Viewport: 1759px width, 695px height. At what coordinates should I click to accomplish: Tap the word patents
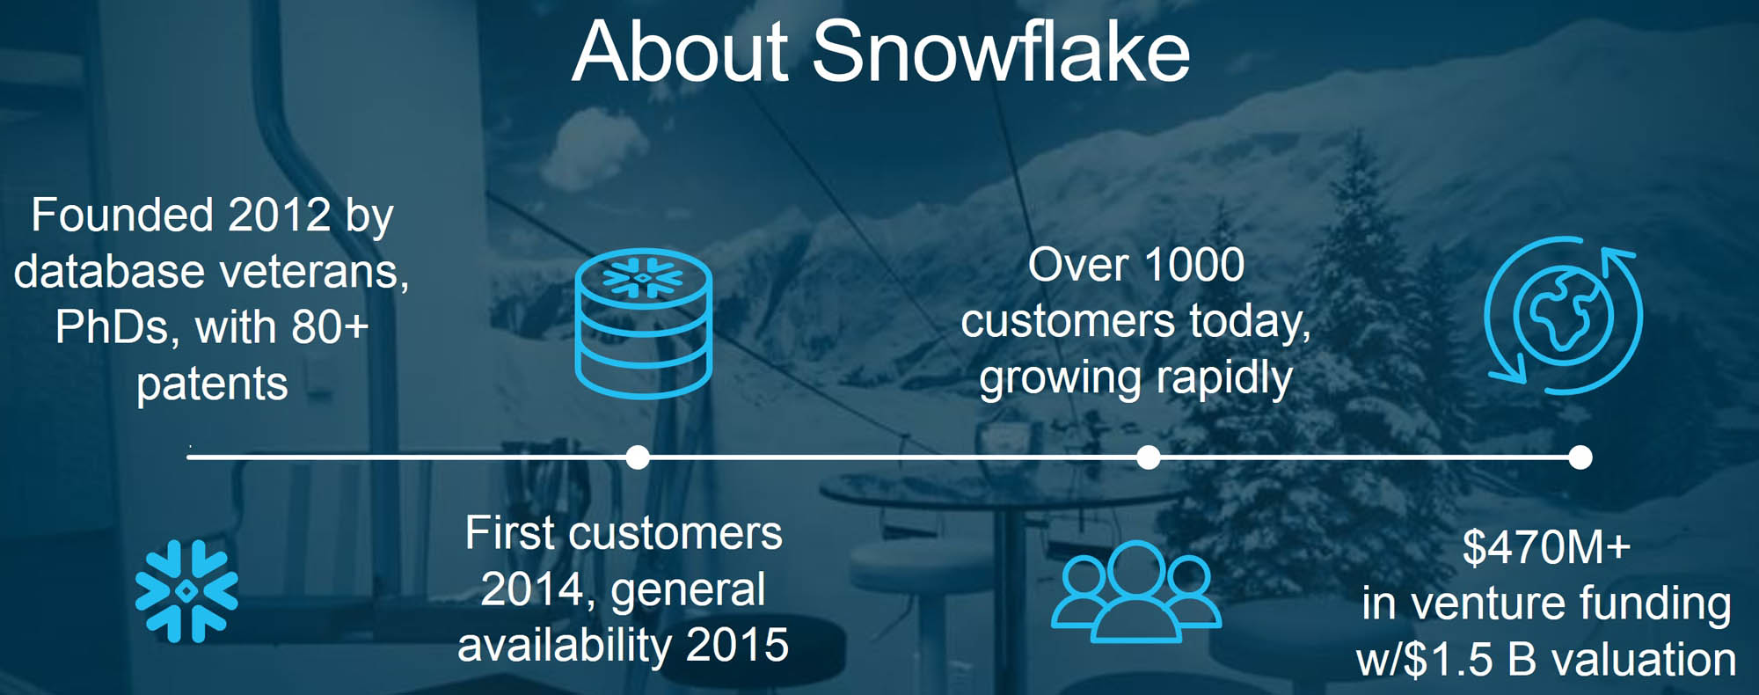point(212,384)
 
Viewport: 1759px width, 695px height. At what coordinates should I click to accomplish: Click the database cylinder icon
point(644,324)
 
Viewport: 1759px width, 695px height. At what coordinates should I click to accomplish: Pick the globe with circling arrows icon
point(1563,314)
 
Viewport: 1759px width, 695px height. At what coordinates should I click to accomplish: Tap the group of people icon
point(1136,591)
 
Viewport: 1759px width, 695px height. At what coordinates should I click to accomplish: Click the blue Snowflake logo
point(186,591)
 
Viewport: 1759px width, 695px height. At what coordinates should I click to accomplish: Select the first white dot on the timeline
point(638,457)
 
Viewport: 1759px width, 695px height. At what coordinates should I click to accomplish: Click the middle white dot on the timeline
point(1149,457)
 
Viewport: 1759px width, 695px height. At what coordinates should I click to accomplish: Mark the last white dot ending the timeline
point(1580,457)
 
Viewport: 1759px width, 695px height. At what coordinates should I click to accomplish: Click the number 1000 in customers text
point(1194,265)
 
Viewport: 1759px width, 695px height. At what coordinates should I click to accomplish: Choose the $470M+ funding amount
point(1546,547)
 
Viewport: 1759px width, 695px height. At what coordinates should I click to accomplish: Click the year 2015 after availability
point(737,646)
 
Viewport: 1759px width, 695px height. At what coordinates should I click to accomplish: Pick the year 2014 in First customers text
point(532,589)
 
